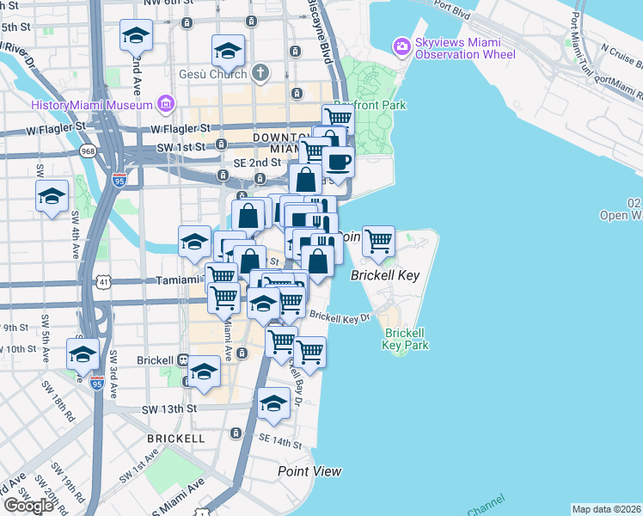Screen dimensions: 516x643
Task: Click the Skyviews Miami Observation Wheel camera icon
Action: click(x=401, y=46)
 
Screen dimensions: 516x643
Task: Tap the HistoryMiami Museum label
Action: click(x=92, y=105)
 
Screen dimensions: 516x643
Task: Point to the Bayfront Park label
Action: click(x=370, y=105)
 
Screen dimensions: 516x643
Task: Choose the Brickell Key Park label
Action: click(x=406, y=338)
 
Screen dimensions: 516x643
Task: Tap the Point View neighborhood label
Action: click(x=309, y=471)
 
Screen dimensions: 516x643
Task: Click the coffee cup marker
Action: click(x=338, y=161)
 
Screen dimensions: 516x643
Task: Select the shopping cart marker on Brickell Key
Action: click(x=378, y=242)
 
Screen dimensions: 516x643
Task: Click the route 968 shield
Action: click(x=87, y=151)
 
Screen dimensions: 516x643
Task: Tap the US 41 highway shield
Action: click(x=103, y=281)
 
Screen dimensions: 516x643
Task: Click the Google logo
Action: click(x=28, y=506)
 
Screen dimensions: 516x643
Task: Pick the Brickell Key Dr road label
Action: click(x=339, y=316)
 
